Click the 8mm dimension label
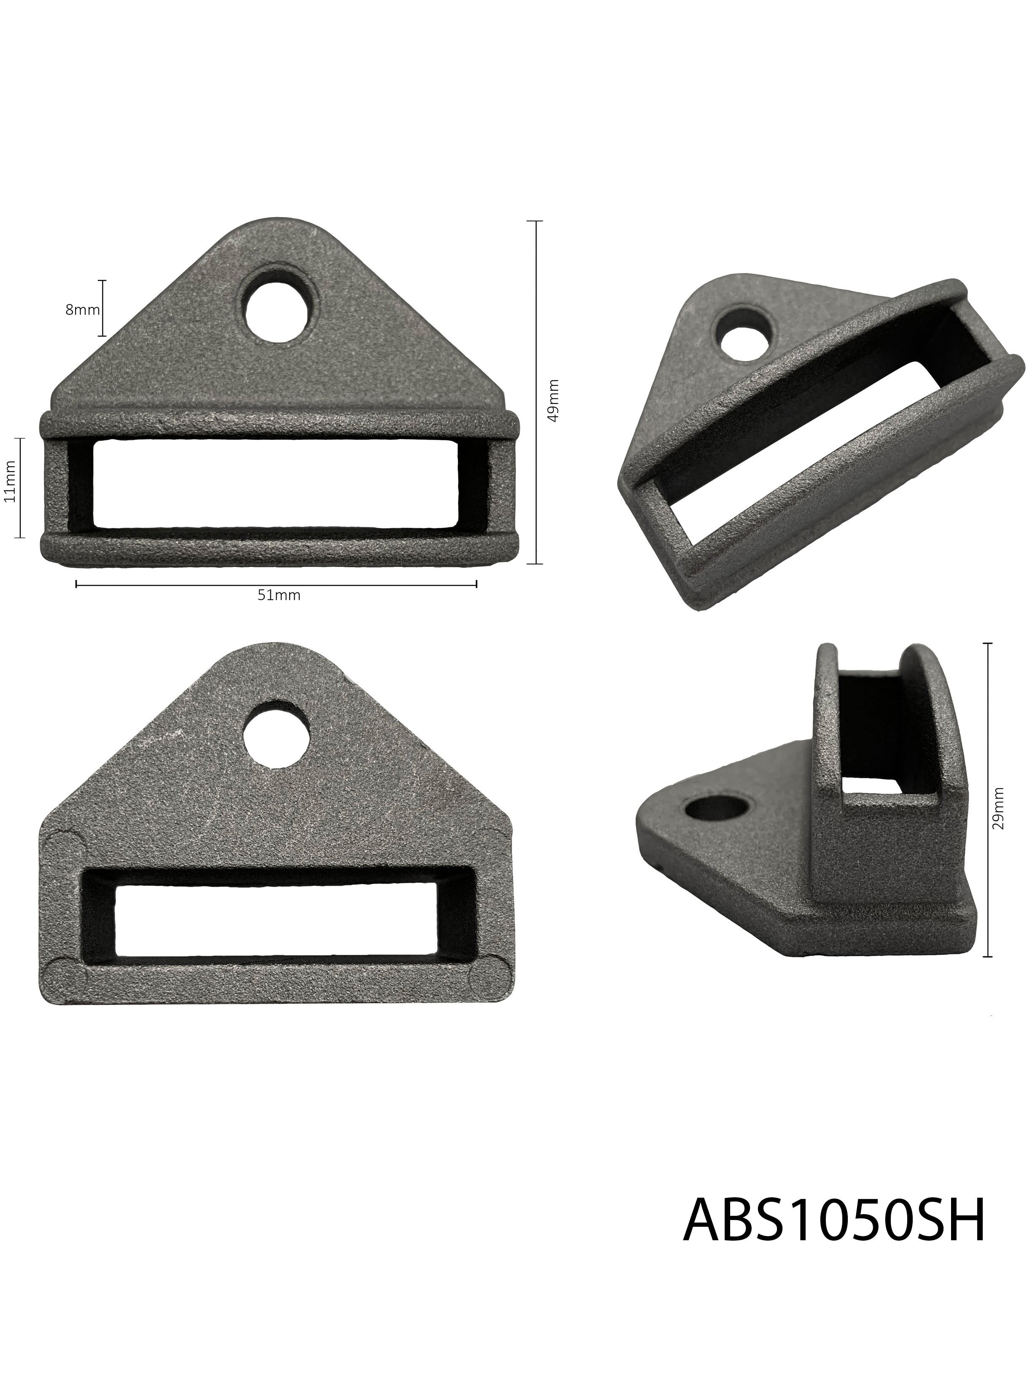82,309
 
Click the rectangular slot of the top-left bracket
276,484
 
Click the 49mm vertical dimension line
535,392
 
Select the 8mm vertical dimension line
103,309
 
